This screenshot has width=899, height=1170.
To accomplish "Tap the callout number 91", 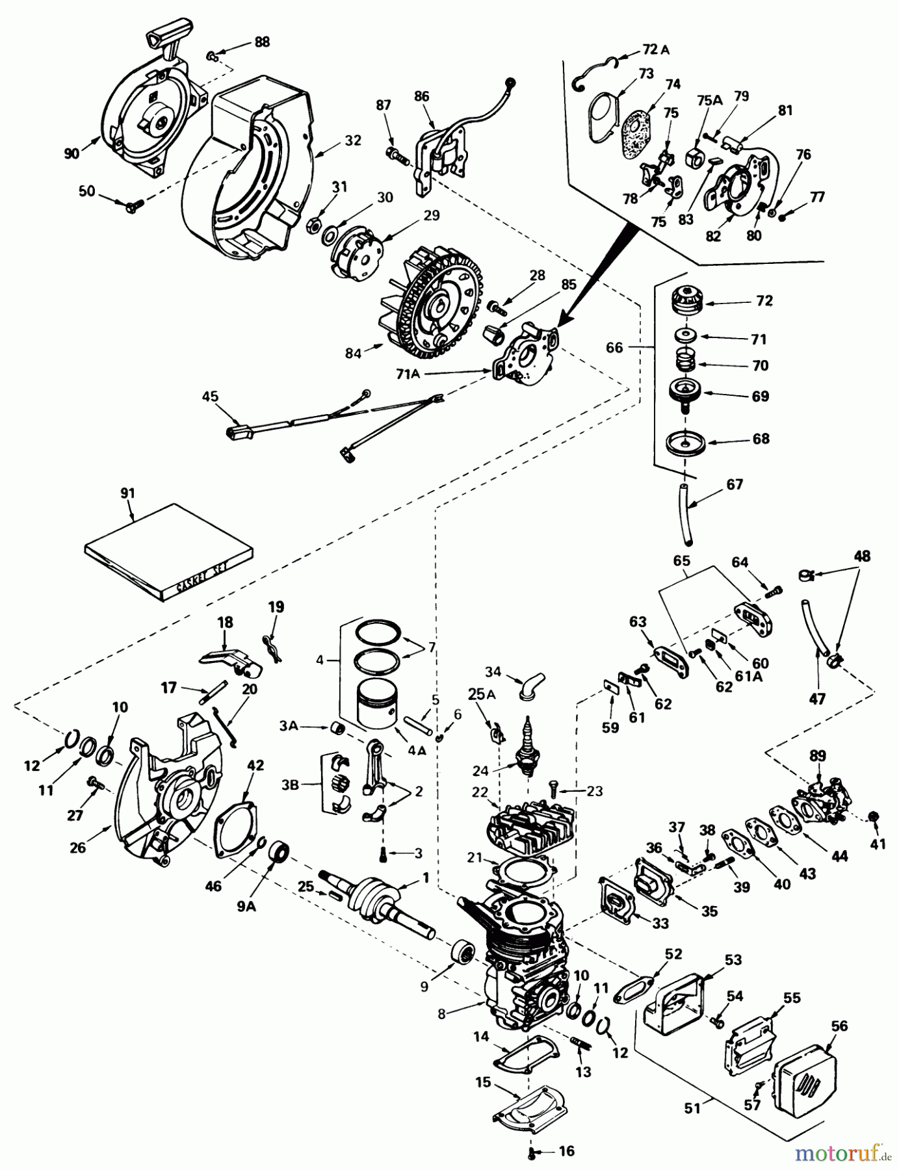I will pos(127,493).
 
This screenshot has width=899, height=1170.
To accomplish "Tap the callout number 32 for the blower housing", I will pos(353,140).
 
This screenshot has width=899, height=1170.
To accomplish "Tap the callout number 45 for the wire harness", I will pos(210,396).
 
